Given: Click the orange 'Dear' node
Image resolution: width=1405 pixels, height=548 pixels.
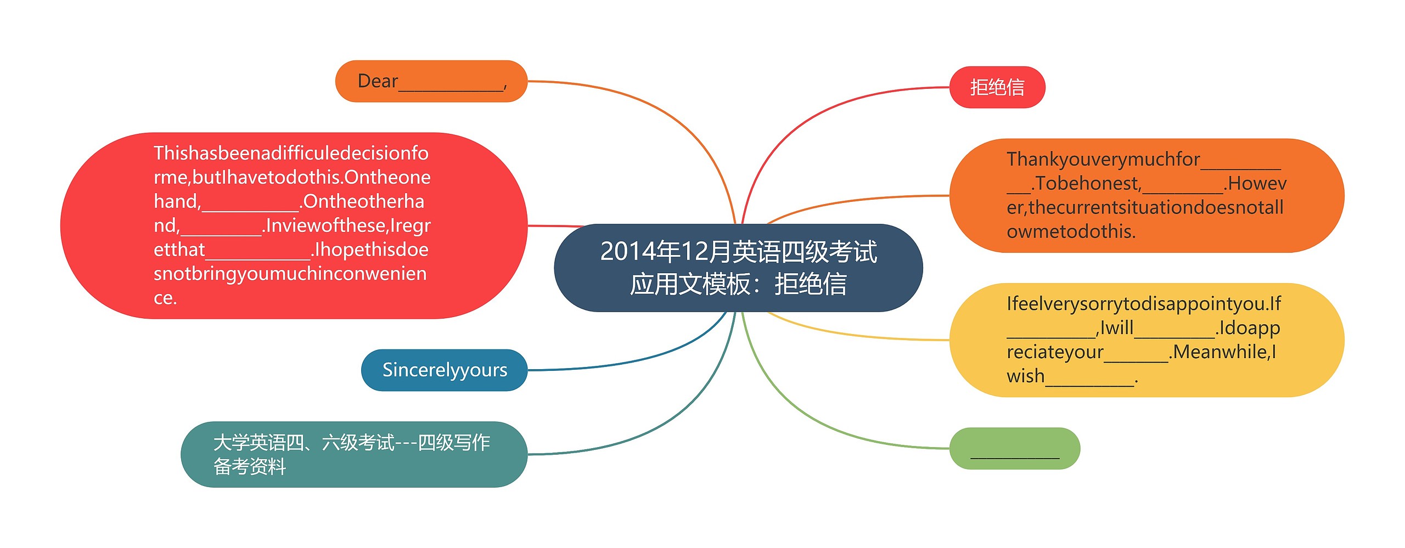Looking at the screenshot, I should click(431, 81).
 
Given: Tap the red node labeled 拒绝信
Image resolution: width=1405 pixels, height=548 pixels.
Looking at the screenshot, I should click(997, 87).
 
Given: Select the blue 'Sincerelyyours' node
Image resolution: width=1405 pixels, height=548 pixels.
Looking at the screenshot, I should click(444, 370).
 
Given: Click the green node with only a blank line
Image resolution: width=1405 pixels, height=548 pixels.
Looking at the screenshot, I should click(1014, 449).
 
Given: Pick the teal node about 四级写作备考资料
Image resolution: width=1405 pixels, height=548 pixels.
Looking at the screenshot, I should click(353, 454).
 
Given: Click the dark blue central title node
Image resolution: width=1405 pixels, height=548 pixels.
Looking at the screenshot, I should click(738, 268).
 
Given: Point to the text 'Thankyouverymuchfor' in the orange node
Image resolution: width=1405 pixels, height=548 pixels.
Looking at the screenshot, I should click(1103, 159).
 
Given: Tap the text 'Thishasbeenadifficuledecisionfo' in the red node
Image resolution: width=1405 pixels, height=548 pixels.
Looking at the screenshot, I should click(291, 153).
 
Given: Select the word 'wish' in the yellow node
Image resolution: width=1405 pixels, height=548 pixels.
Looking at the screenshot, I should click(1025, 376).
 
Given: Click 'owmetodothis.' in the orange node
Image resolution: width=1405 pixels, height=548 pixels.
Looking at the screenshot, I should click(1071, 231).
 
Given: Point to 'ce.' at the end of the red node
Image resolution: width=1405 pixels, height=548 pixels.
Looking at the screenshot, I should click(165, 298).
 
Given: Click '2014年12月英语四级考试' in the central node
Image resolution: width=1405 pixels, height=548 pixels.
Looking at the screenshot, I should click(739, 252).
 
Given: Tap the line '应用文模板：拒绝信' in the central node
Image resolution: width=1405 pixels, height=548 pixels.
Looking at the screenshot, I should click(738, 284).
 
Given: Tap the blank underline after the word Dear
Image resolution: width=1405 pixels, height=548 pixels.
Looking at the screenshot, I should click(451, 88).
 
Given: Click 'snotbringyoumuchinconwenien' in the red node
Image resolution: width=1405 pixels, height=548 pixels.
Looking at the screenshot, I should click(290, 274).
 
